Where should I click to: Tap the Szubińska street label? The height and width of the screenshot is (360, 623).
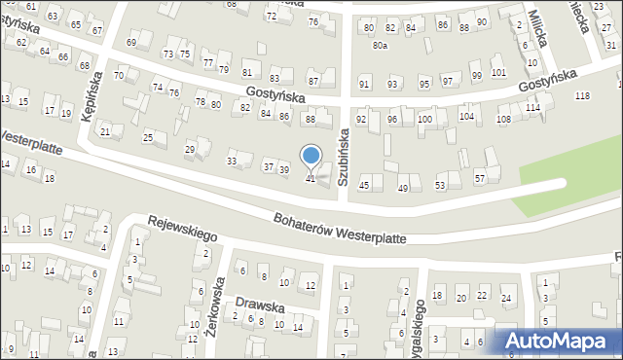click(343, 155)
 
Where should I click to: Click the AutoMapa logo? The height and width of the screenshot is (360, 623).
click(556, 341)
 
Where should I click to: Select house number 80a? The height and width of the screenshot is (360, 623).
click(380, 46)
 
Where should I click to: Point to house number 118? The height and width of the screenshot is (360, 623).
click(582, 95)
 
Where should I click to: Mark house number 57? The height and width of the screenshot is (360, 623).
click(480, 178)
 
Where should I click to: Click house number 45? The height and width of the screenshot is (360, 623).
click(364, 185)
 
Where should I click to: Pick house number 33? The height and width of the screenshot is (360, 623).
click(232, 161)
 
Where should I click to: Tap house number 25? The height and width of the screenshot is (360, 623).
click(148, 137)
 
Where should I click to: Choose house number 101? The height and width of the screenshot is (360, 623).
click(498, 73)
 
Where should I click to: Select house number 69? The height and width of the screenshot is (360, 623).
click(131, 43)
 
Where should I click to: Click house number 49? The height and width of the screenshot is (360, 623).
click(403, 188)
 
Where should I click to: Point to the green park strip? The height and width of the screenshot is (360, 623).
click(568, 181)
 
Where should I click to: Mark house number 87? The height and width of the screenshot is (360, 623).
click(312, 80)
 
